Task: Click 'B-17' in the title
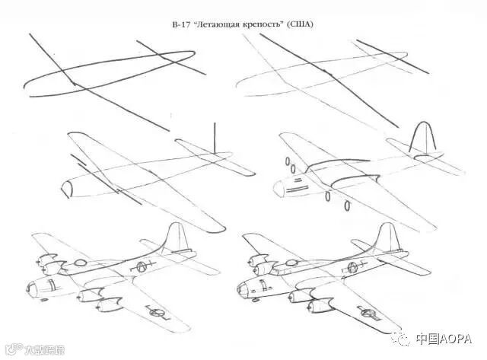coord(182,24)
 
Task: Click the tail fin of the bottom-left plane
coord(174,235)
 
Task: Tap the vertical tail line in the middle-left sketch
coord(215,137)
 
